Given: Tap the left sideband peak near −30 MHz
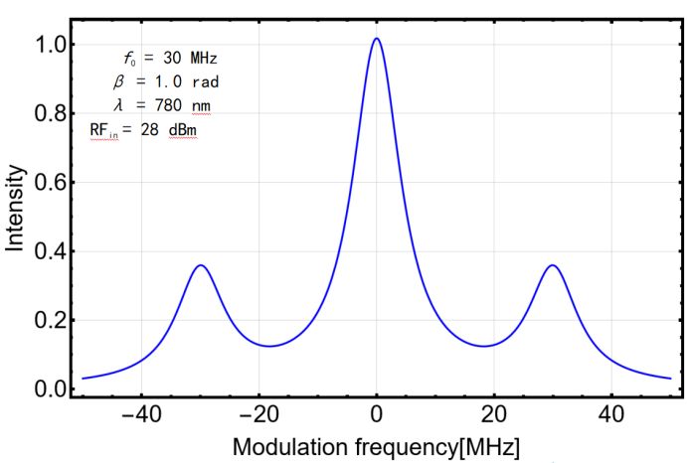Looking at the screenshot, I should pyautogui.click(x=201, y=265).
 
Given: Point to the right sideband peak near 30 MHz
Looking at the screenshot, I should pyautogui.click(x=552, y=265).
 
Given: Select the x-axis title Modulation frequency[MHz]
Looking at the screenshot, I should pyautogui.click(x=376, y=445).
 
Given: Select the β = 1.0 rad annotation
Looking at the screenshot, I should pyautogui.click(x=160, y=81).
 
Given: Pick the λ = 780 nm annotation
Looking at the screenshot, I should pyautogui.click(x=159, y=104).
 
